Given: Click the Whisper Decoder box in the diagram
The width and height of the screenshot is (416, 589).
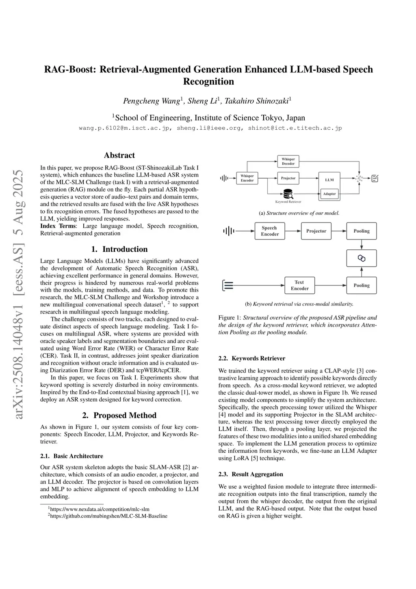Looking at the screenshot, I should click(288, 161).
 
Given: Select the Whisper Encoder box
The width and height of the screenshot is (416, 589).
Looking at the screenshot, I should click(247, 178).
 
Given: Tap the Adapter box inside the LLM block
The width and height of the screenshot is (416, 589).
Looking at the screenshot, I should click(329, 194).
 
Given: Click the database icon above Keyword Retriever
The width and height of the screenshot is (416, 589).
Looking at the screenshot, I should click(288, 194).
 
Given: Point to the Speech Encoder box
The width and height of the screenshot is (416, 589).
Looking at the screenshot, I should click(270, 231).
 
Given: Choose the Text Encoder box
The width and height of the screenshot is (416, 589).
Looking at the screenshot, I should click(299, 285).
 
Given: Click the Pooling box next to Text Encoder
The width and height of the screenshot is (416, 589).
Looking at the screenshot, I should click(361, 285).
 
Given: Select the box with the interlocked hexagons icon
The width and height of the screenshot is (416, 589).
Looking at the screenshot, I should click(361, 258).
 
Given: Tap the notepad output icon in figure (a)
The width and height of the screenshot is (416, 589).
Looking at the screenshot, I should click(375, 178).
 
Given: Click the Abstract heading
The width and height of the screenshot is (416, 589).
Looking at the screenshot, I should click(119, 155).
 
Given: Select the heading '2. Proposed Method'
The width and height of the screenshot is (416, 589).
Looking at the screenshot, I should click(119, 415).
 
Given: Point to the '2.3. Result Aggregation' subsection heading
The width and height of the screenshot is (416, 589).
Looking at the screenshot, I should click(251, 474).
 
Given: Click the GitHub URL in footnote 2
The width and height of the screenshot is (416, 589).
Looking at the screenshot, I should click(108, 516).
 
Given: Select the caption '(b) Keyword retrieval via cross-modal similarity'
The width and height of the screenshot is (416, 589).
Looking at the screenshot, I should click(299, 304).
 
